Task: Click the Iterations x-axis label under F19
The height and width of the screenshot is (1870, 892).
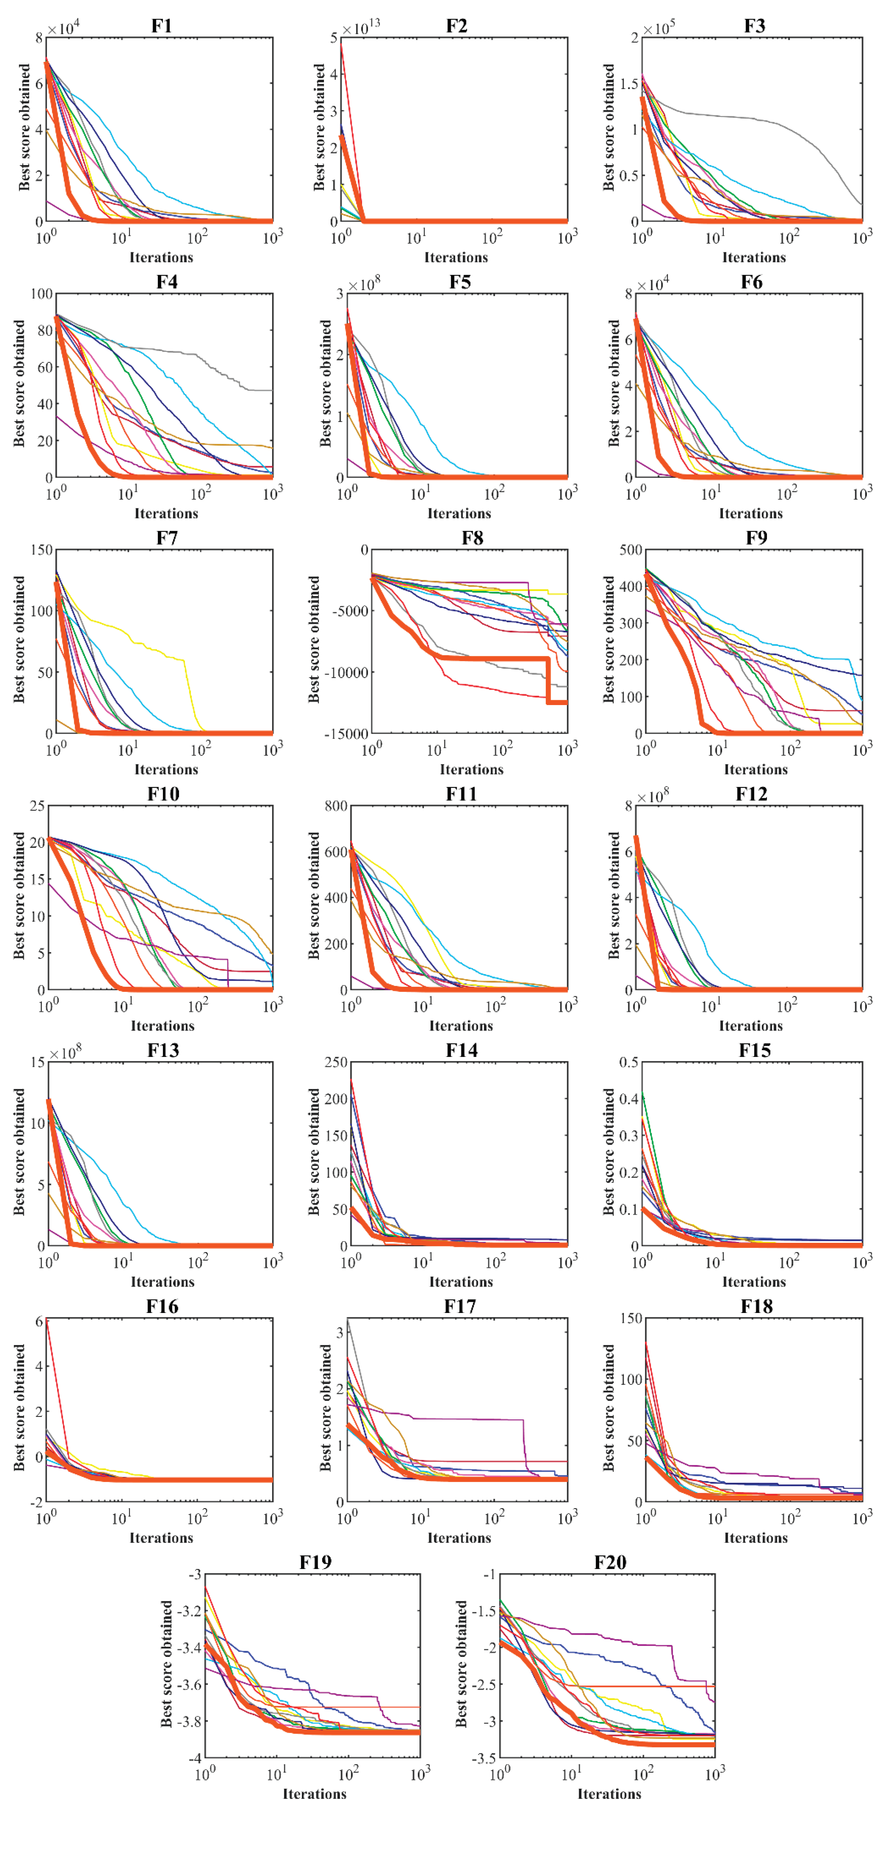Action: point(314,1794)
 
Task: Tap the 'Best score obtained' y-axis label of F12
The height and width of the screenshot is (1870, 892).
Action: point(614,896)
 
